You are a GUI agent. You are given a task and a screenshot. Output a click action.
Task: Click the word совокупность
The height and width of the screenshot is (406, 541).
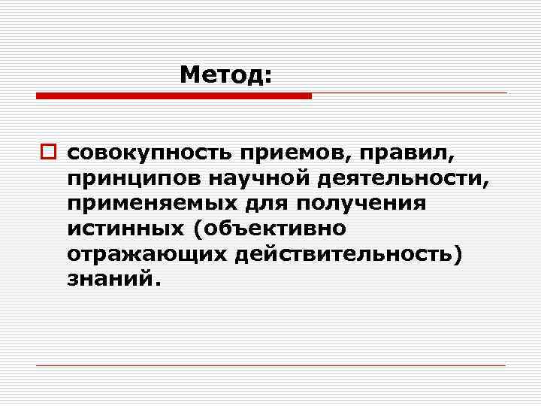150,154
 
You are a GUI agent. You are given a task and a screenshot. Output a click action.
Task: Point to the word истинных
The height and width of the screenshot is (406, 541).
117,229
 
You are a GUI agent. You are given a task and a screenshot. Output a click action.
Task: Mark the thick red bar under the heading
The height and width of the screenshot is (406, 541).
174,96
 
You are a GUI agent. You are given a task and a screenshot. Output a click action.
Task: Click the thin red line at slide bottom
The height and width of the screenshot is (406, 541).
270,365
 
